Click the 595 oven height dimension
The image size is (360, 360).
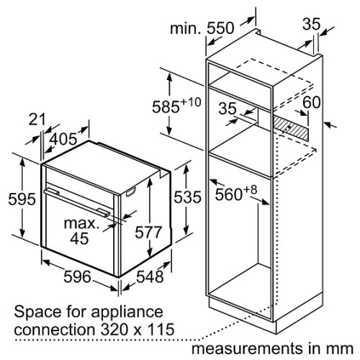(x=22, y=199)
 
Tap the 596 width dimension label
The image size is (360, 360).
(x=77, y=276)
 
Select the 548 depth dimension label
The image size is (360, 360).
(x=150, y=276)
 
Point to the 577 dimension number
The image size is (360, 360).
(x=148, y=233)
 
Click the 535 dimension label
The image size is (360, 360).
(x=187, y=197)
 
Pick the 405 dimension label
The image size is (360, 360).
(x=64, y=139)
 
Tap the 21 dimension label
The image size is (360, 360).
(x=37, y=120)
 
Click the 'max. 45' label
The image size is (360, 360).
(x=81, y=231)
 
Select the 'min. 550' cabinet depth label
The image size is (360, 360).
(x=202, y=28)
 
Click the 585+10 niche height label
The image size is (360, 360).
(x=176, y=105)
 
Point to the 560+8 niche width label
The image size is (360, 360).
(x=235, y=193)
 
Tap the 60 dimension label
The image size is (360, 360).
(x=311, y=102)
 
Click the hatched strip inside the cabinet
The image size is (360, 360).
(x=291, y=127)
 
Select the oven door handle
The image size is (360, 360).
(x=77, y=202)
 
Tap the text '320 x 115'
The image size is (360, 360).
(x=138, y=329)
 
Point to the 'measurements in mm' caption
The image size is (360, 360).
(x=272, y=348)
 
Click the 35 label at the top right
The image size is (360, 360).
(x=311, y=24)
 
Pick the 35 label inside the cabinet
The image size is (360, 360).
(x=228, y=108)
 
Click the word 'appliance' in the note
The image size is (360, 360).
(x=127, y=312)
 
